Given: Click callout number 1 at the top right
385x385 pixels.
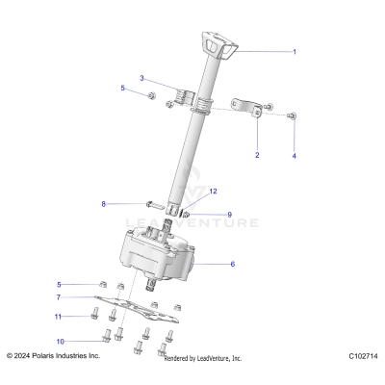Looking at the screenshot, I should click(295, 51).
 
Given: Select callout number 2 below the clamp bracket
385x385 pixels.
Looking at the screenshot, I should click(256, 154).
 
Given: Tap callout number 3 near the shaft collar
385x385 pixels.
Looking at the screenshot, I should click(141, 78).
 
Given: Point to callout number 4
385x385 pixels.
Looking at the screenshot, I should click(295, 154).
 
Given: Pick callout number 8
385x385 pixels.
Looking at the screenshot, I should click(103, 204).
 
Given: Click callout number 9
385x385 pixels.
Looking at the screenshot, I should click(229, 214).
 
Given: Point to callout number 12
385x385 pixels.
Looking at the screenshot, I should click(214, 192).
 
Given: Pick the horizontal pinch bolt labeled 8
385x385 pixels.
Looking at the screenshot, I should click(155, 204).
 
